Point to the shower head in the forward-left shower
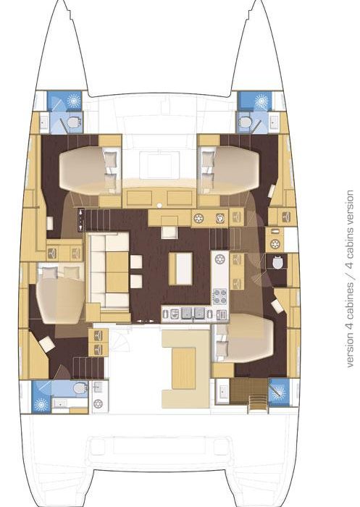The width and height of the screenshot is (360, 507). [74, 101]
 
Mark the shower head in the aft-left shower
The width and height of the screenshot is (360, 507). [41, 404]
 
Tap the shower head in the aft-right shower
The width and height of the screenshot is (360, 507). [278, 393]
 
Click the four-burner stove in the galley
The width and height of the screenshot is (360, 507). [219, 296]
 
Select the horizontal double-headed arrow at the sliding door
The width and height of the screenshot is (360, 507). [146, 322]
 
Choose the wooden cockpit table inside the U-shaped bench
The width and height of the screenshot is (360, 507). [183, 368]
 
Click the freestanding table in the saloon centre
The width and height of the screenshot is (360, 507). [180, 269]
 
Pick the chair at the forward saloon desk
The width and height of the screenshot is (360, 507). [169, 232]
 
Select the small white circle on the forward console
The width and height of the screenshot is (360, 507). [159, 205]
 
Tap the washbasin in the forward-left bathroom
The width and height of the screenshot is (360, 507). [43, 122]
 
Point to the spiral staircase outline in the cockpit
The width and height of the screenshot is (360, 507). [120, 340]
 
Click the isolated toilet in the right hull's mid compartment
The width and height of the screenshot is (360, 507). [278, 262]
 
